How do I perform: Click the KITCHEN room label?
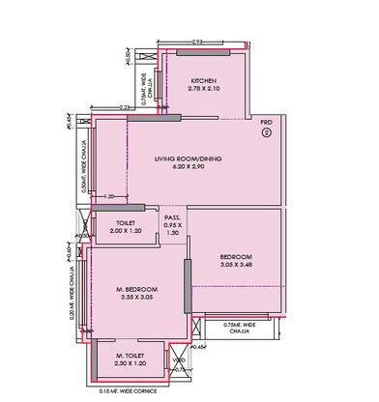[x=202, y=80]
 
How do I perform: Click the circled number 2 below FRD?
[x=266, y=134]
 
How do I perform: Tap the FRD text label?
[x=266, y=124]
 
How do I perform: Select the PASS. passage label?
[x=173, y=217]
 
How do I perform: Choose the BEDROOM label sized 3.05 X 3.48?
[x=235, y=255]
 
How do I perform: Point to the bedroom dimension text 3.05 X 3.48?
[x=235, y=264]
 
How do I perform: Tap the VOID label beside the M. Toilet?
[x=177, y=361]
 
